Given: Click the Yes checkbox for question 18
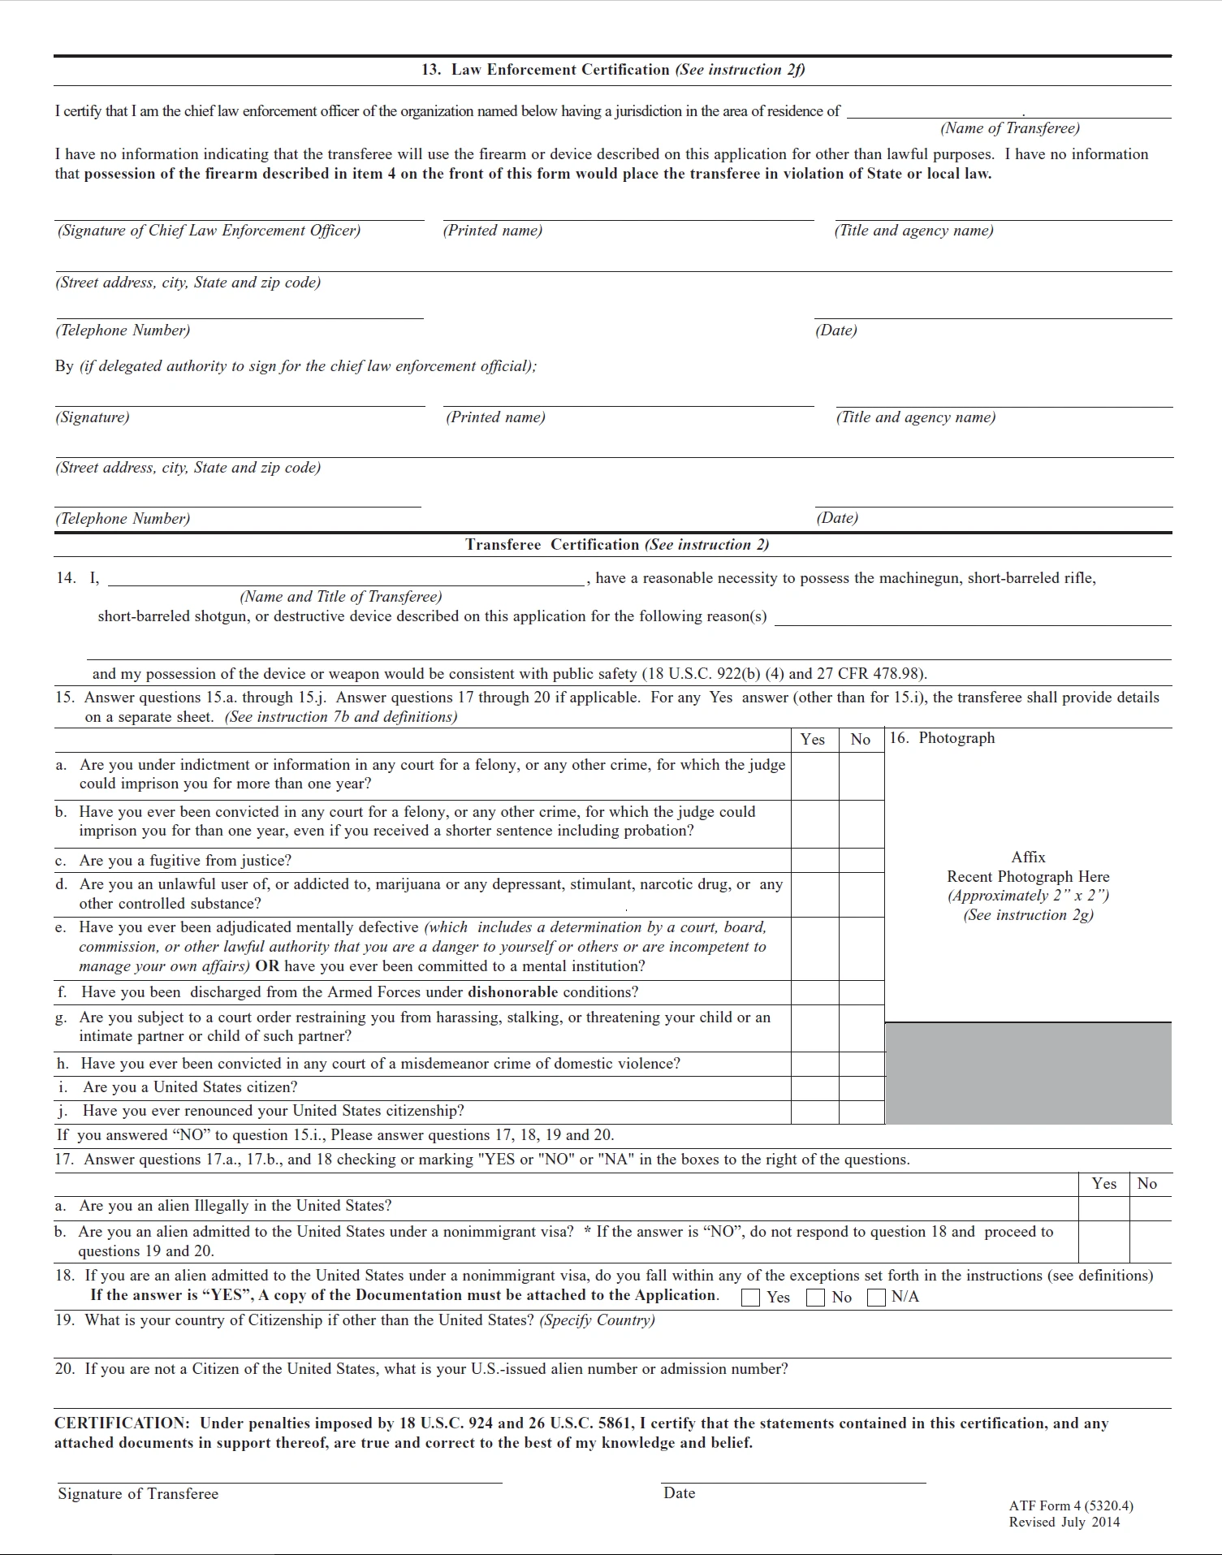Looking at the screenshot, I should pyautogui.click(x=751, y=1297).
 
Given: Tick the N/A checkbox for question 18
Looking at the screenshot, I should pyautogui.click(x=876, y=1297).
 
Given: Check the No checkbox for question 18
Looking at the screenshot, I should pyautogui.click(x=815, y=1297).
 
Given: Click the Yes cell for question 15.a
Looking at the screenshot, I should pyautogui.click(x=814, y=776).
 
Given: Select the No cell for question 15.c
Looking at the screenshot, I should pyautogui.click(x=861, y=860).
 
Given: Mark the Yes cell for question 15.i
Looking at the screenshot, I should pyautogui.click(x=814, y=1088).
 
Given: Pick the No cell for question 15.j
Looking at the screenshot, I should pyautogui.click(x=861, y=1112).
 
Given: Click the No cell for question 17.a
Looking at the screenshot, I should pyautogui.click(x=1150, y=1207).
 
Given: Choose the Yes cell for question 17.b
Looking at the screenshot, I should pyautogui.click(x=1103, y=1241).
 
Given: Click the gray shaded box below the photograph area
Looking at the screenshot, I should pyautogui.click(x=1028, y=1073).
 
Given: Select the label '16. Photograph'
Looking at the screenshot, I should pyautogui.click(x=942, y=738).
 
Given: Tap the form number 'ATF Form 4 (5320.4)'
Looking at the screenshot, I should pyautogui.click(x=1071, y=1505).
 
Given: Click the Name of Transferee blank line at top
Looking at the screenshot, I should pyautogui.click(x=1008, y=112).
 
